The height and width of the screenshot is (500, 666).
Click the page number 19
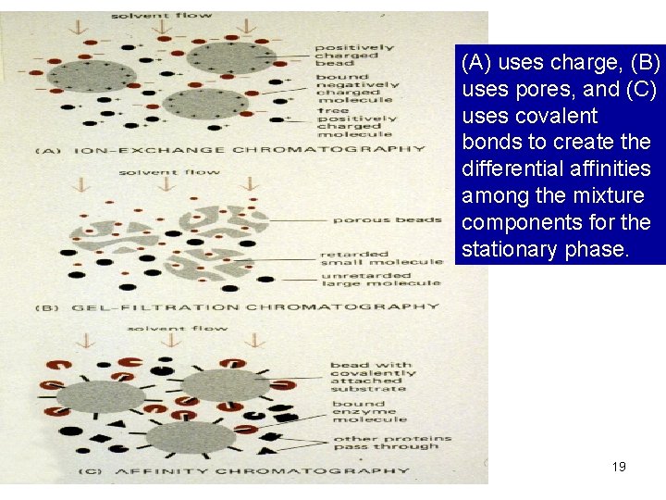tap(619, 467)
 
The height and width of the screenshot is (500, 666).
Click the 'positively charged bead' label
tap(354, 55)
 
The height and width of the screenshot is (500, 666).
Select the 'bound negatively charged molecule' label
tap(354, 88)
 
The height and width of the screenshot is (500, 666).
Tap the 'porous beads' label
tap(374, 219)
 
